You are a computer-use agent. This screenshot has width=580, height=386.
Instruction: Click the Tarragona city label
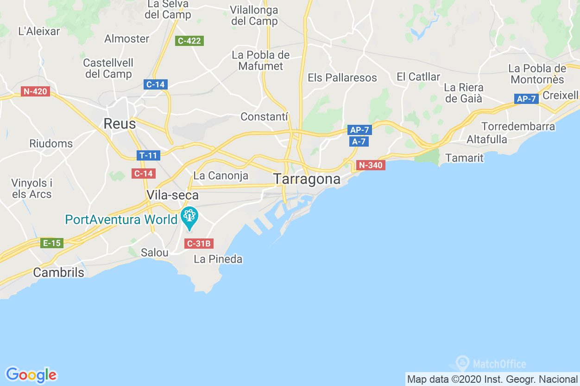[307, 179]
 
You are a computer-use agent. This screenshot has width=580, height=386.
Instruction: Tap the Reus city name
[120, 124]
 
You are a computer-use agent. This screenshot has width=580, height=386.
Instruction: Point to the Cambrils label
[59, 272]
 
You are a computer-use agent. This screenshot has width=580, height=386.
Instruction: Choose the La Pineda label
[218, 259]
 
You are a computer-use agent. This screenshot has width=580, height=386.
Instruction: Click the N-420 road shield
[35, 91]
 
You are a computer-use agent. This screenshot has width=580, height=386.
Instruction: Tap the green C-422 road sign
[189, 41]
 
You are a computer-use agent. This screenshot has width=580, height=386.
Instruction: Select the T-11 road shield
[148, 155]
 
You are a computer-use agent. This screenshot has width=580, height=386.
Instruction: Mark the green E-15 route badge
[51, 243]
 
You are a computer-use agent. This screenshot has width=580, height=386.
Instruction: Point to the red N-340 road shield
[371, 165]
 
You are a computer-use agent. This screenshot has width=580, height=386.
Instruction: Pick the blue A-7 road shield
[359, 142]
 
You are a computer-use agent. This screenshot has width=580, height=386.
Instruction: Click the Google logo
[31, 374]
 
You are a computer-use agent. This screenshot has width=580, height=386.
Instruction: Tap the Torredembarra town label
[518, 127]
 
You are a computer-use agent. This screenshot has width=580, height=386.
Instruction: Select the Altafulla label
[486, 139]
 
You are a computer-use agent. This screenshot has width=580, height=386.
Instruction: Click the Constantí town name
[265, 116]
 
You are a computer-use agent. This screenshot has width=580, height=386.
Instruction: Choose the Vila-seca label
[172, 195]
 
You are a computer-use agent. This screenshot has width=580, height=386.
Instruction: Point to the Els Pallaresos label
[342, 77]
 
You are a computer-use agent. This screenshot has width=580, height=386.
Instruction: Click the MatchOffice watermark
[491, 364]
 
